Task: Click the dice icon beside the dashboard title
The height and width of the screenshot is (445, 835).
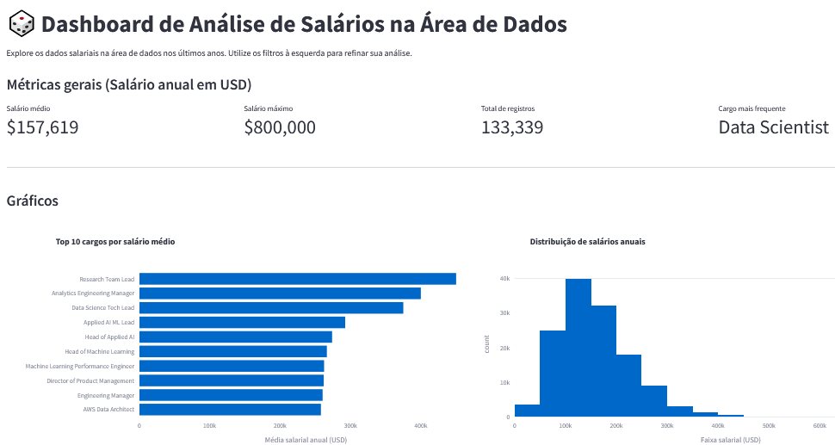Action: pos(22,24)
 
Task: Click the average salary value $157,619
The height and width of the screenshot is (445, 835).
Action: pos(42,127)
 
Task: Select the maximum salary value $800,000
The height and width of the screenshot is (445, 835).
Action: pos(280,127)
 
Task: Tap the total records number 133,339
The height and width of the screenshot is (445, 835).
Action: pos(512,127)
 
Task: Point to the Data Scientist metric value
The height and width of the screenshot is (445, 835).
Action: pos(773,127)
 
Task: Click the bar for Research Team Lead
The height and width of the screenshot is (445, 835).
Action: pos(297,279)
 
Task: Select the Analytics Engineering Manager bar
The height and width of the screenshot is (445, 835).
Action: pos(280,294)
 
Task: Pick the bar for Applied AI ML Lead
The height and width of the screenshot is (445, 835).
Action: pos(242,322)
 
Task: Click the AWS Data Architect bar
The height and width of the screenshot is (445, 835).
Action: pos(230,409)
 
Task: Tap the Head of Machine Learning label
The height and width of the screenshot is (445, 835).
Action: pos(99,351)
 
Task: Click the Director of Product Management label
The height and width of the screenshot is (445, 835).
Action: pos(90,380)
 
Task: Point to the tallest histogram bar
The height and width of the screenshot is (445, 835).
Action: pos(578,348)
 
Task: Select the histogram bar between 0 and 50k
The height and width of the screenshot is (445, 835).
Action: pos(527,411)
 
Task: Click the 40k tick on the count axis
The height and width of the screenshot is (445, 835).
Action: pos(504,279)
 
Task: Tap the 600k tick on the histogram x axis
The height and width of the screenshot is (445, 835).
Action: pos(819,425)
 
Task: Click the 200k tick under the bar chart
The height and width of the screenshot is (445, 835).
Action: pos(280,425)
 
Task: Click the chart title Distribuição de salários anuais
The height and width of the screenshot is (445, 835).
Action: pos(587,242)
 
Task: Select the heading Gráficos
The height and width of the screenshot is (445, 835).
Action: pos(32,201)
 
